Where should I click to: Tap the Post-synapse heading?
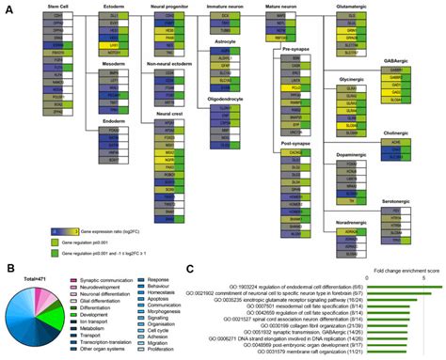click(293, 138)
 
